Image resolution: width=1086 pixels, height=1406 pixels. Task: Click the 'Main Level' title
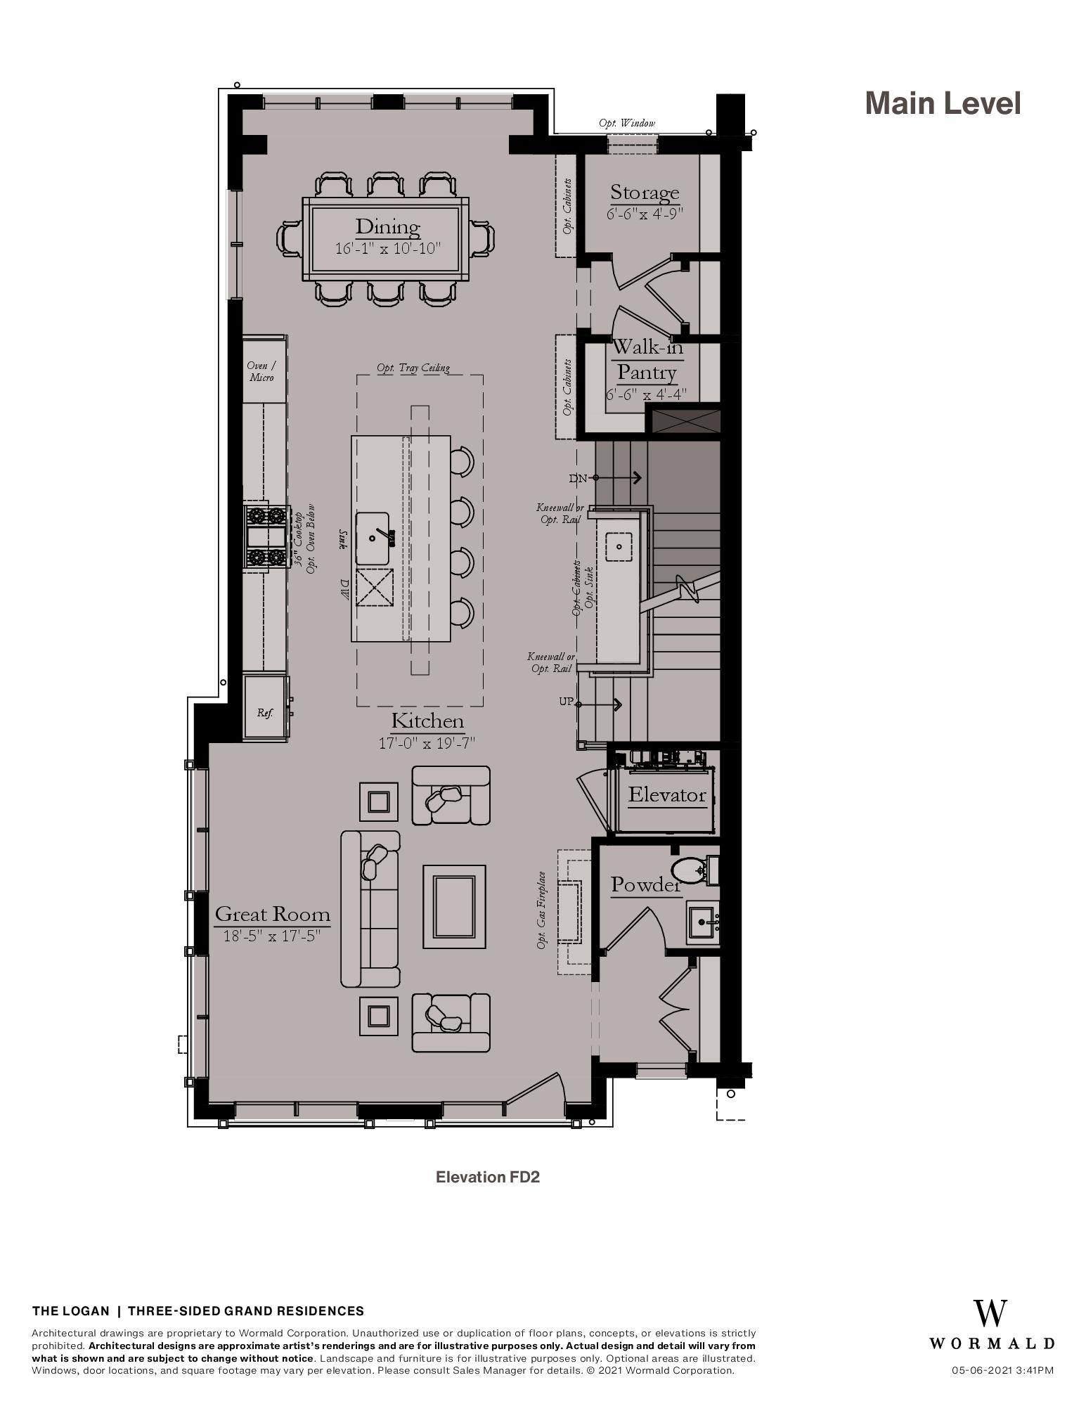click(x=943, y=103)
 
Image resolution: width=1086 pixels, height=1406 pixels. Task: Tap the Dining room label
click(x=387, y=226)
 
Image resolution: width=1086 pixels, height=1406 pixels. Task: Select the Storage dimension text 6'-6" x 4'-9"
click(x=645, y=213)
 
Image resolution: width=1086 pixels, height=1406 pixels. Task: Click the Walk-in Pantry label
click(x=647, y=359)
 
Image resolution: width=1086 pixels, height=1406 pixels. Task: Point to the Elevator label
click(x=667, y=794)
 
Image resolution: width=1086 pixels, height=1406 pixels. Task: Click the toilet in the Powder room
click(x=690, y=870)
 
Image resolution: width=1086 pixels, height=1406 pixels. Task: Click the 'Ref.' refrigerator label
click(x=265, y=712)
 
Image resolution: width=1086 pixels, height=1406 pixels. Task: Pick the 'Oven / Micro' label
click(x=261, y=371)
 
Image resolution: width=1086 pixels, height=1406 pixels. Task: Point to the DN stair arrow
click(x=619, y=478)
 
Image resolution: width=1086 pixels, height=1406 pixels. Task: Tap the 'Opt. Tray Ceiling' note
click(x=413, y=368)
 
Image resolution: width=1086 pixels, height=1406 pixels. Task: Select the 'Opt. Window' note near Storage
click(x=627, y=123)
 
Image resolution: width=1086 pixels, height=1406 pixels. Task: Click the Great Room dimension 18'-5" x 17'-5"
click(x=272, y=936)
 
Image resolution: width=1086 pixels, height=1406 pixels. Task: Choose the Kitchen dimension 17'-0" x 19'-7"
click(x=427, y=742)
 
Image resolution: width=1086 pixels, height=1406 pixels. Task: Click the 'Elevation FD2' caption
click(x=488, y=1177)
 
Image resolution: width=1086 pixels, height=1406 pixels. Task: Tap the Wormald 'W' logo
click(x=990, y=1313)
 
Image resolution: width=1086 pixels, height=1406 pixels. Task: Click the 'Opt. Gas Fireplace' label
click(x=541, y=910)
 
